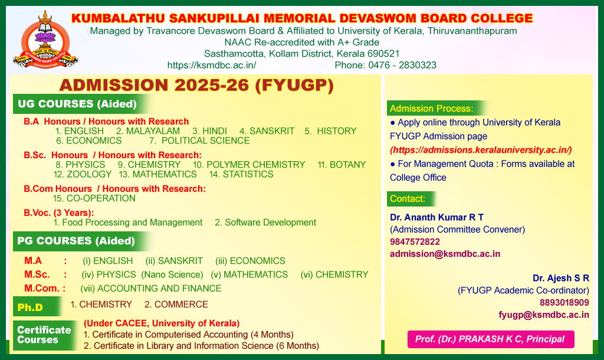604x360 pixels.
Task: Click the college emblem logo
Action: tap(45, 40)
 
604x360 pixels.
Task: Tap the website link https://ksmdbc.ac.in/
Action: tap(212, 65)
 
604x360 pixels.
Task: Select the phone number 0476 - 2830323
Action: tap(402, 65)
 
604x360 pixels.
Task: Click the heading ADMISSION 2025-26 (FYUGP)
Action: tap(196, 85)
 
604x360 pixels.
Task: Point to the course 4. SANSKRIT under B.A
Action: tap(267, 131)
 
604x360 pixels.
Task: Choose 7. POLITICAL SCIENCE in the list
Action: tap(199, 140)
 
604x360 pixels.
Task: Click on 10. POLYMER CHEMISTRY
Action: tap(249, 165)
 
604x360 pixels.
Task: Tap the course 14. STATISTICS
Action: tap(241, 174)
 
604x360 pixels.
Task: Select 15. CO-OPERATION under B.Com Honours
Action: tap(94, 198)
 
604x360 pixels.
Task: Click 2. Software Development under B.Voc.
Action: tap(265, 222)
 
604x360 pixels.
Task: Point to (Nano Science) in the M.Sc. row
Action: tap(172, 274)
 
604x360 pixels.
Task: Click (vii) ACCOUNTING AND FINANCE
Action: tap(151, 289)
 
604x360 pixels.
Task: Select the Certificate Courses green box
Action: tap(44, 335)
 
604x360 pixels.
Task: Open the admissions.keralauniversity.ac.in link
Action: tap(481, 150)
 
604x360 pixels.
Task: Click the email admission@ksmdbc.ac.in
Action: tap(445, 254)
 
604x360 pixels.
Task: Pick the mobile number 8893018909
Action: tap(564, 303)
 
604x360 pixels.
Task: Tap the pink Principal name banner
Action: tap(491, 339)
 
